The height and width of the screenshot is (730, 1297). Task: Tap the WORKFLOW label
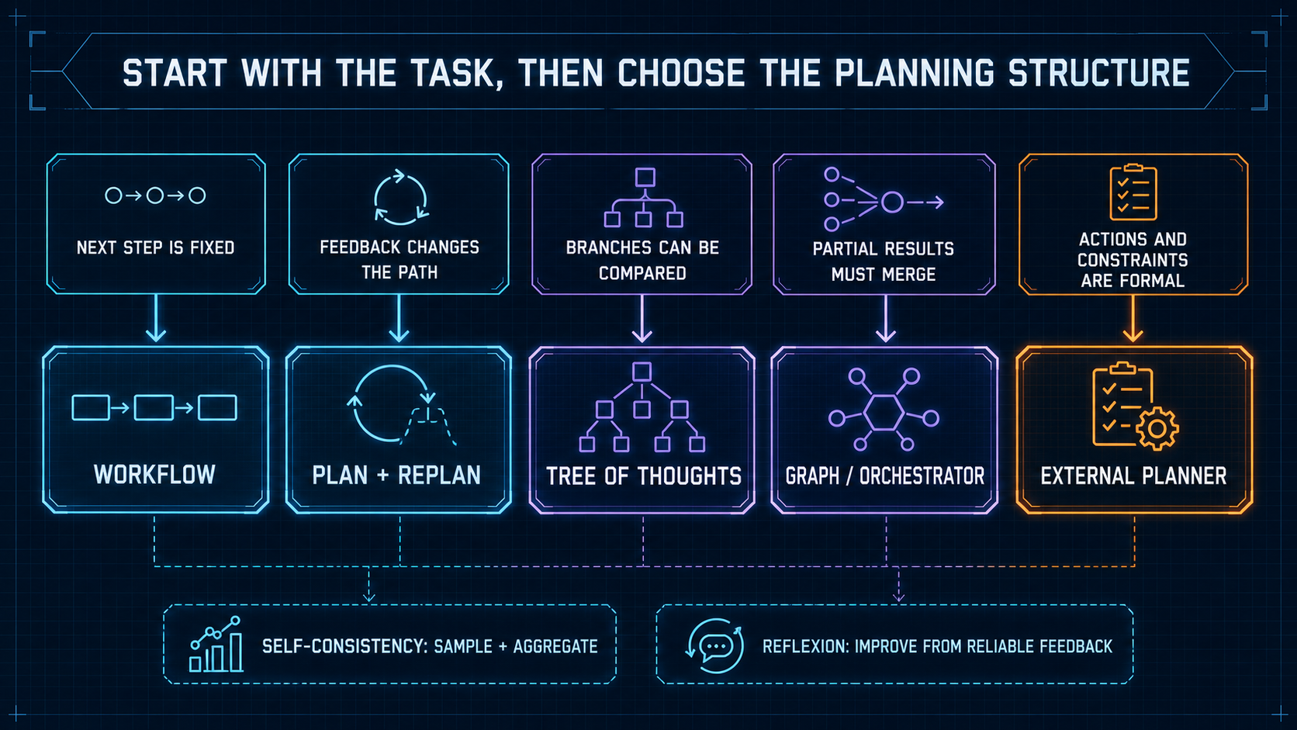pos(154,475)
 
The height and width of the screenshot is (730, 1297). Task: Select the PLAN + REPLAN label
pos(396,476)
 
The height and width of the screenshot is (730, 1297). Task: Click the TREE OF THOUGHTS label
pos(643,476)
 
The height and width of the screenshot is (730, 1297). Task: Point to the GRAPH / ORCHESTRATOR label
pos(885,476)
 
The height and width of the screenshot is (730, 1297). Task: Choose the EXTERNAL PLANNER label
pos(1133,476)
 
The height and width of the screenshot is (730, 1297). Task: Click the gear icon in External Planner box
pos(1157,428)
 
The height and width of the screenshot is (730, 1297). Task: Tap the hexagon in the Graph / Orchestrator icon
pos(884,413)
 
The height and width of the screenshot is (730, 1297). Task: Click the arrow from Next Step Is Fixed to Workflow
pos(156,318)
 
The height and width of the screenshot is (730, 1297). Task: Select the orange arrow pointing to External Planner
pos(1133,318)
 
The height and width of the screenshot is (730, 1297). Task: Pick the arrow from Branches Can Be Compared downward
pos(642,318)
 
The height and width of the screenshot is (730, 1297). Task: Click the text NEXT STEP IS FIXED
pos(155,247)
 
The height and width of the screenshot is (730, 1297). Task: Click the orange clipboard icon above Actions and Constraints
pos(1133,192)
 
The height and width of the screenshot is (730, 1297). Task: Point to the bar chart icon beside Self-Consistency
pos(216,645)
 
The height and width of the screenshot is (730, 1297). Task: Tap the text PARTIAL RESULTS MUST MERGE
pos(883,261)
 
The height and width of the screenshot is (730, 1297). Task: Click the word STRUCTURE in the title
pos(1098,74)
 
